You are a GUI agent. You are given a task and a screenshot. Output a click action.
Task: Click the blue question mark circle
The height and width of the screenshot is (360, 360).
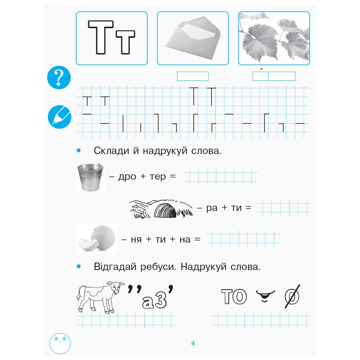tap(59, 77)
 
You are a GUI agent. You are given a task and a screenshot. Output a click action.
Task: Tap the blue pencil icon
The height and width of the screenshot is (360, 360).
tap(59, 117)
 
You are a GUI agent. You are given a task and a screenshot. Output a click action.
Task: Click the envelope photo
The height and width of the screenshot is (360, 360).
tap(193, 38)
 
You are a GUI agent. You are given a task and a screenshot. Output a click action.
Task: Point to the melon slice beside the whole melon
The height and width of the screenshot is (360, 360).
tap(88, 244)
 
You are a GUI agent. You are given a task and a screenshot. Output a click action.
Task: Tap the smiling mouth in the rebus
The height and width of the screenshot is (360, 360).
tap(265, 295)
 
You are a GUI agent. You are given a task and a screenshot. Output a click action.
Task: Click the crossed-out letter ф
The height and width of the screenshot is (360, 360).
tap(292, 296)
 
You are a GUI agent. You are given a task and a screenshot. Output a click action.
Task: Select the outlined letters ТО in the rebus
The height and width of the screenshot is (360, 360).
tap(234, 297)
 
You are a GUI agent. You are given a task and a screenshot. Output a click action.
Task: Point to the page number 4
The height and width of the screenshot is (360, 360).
tap(193, 343)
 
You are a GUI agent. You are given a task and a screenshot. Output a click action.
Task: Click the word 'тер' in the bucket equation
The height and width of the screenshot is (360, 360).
tap(158, 177)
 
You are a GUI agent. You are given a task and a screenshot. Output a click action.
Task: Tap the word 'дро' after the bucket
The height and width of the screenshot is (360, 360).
tap(127, 177)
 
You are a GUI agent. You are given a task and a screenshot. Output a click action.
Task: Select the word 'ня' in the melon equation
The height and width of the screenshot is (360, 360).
tap(136, 240)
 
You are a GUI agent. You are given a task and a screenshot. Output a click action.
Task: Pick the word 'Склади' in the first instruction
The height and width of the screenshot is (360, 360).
tap(111, 151)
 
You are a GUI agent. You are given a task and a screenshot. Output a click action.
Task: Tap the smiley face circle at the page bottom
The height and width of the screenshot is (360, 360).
tap(60, 343)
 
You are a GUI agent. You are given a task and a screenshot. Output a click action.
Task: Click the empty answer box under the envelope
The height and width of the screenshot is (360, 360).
tap(193, 76)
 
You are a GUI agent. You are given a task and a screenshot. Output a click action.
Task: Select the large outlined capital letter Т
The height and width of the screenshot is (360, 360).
tap(101, 37)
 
